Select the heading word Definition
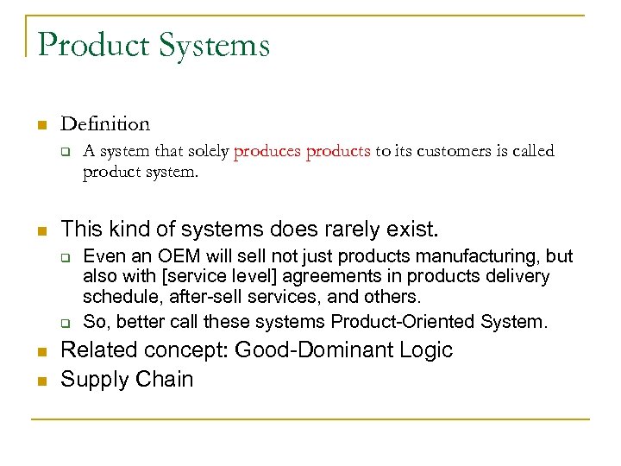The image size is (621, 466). click(x=105, y=124)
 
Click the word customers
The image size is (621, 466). click(x=455, y=152)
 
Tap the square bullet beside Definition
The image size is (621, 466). click(x=40, y=125)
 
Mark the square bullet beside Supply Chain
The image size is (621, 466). click(x=40, y=381)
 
